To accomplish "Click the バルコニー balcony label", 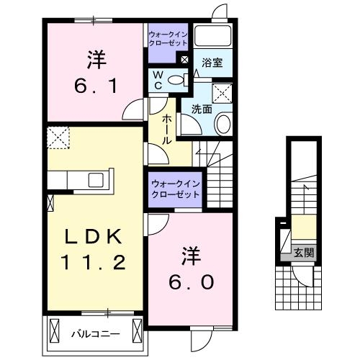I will click(91, 334).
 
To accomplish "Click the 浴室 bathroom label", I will click(212, 63).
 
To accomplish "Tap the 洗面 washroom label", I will click(201, 109).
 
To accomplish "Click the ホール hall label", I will click(166, 130).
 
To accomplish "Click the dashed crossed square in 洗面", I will click(222, 92).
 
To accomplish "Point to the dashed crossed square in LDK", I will click(58, 136).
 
